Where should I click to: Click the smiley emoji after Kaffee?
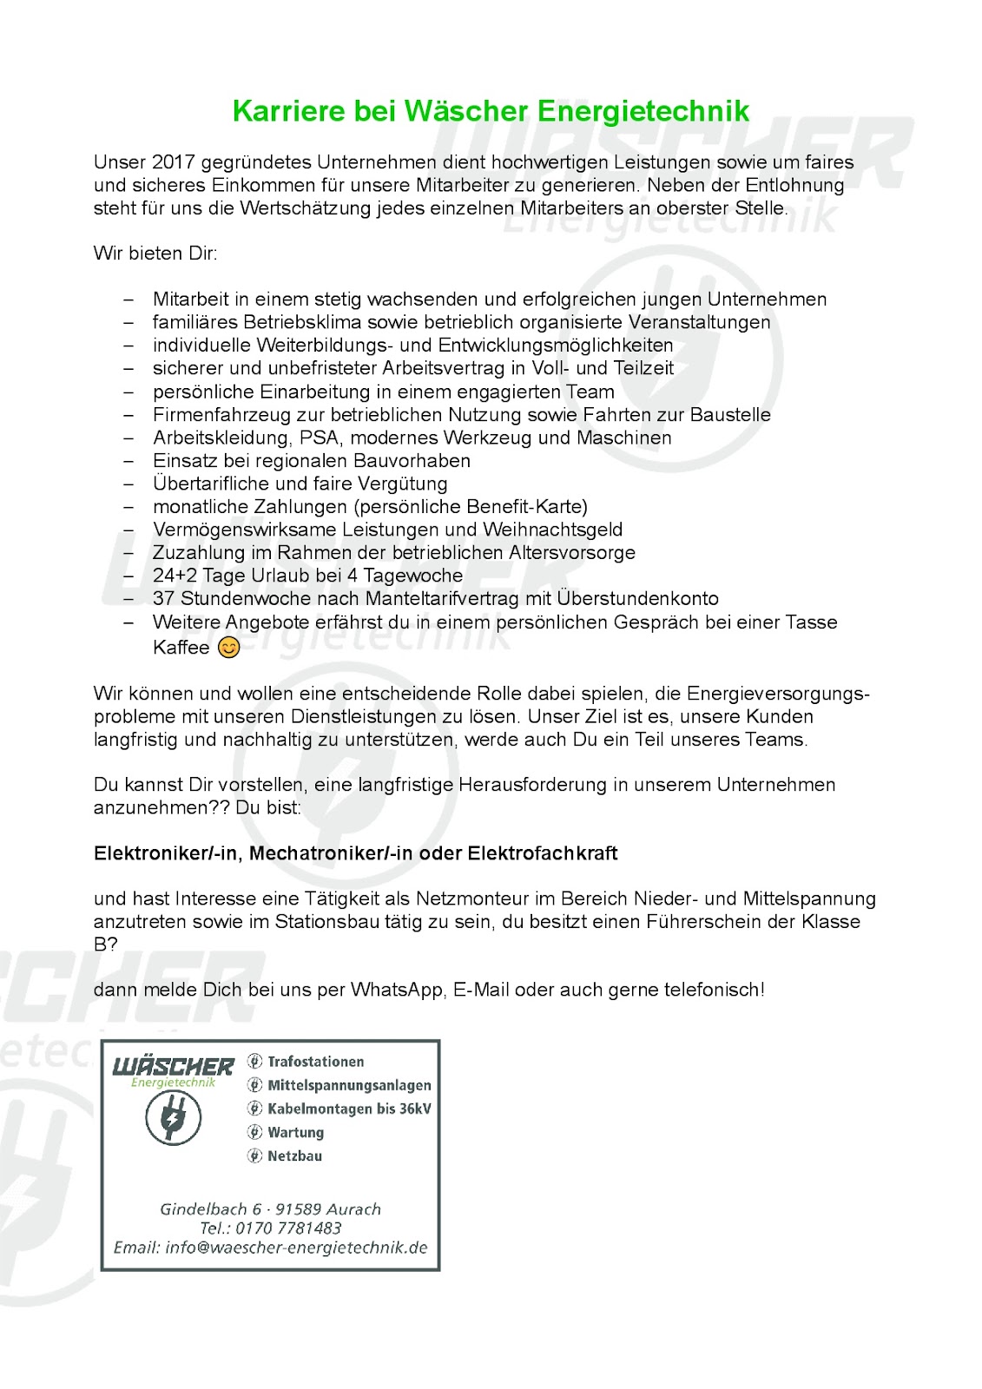pos(229,648)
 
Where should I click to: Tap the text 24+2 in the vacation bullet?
pos(175,576)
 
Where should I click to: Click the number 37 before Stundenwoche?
pos(163,598)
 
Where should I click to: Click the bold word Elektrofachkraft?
pos(543,853)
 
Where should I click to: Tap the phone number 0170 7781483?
pos(288,1228)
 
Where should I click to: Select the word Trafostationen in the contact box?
pos(316,1062)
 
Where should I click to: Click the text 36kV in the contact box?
pos(415,1109)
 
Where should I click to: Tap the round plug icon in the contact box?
pos(173,1117)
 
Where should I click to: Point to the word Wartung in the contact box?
pos(296,1132)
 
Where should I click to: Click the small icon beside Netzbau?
pos(254,1155)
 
